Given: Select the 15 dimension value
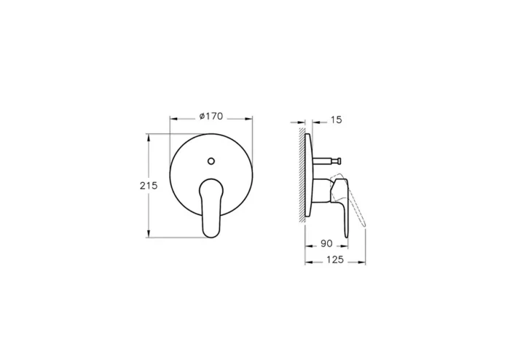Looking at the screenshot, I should point(336,119).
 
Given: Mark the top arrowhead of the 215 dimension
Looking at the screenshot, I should point(149,136).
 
